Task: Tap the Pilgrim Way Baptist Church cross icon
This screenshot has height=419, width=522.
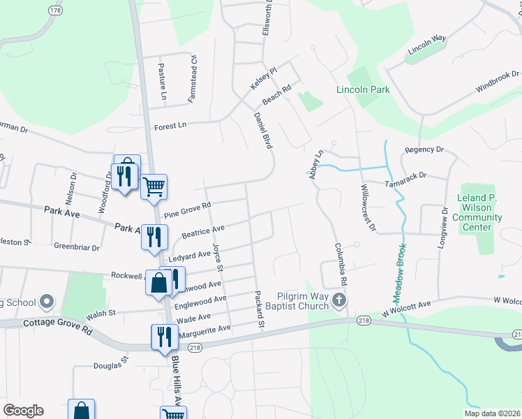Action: [x=339, y=300]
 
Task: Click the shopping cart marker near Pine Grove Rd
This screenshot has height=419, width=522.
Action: [x=154, y=186]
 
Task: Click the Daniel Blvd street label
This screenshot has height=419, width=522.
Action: [x=262, y=131]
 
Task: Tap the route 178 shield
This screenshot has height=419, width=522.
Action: [x=55, y=10]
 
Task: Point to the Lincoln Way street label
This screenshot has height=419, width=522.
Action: [x=426, y=44]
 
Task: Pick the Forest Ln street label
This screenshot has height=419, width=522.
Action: [x=171, y=126]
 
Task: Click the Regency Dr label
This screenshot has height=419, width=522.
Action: [x=424, y=150]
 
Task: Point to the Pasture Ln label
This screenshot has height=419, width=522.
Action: [x=162, y=78]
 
